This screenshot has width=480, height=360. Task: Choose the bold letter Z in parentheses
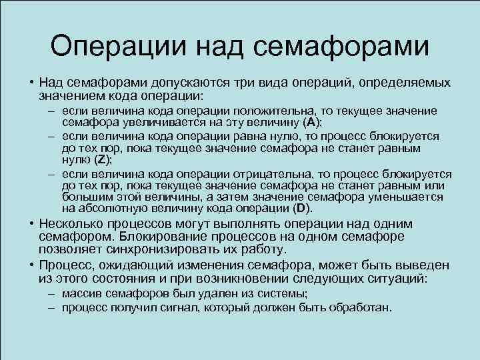coord(100,159)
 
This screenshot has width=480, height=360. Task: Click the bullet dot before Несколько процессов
coord(31,224)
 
